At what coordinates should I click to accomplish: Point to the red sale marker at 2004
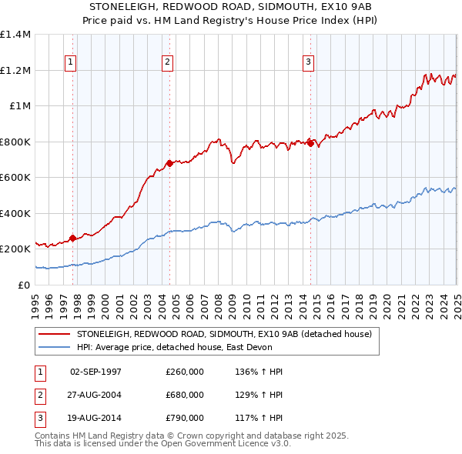pos(169,163)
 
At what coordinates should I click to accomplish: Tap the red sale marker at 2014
pos(310,143)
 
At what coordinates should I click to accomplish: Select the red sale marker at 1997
pos(72,239)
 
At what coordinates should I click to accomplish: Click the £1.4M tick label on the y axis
pos(15,35)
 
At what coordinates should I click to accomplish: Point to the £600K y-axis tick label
pos(15,177)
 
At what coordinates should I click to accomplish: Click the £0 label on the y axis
pos(23,285)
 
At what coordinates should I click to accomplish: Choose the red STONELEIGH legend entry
pos(224,334)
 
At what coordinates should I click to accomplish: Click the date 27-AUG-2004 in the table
pos(95,395)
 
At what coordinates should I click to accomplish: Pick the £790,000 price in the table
pos(184,419)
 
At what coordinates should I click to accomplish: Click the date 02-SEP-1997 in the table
pos(95,371)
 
